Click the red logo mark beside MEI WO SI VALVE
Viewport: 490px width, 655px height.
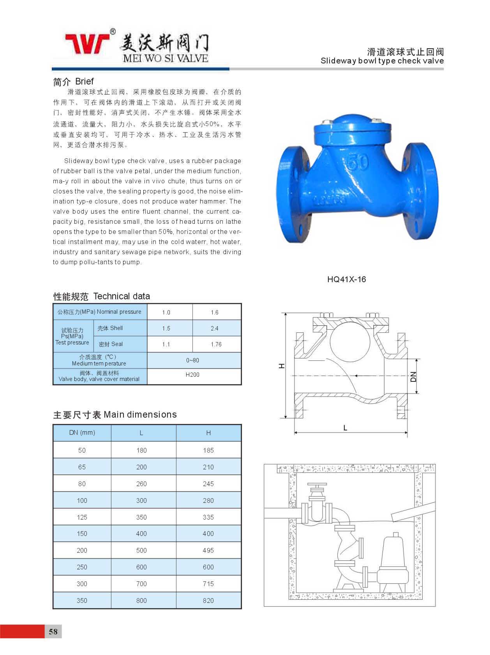(88, 43)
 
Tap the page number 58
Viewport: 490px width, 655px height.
(53, 631)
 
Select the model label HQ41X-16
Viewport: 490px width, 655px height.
(346, 279)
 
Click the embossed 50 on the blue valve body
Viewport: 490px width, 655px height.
(357, 162)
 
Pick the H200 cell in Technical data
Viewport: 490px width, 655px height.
(192, 375)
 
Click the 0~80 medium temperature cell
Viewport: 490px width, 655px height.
(192, 360)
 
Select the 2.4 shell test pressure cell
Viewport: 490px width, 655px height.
(215, 328)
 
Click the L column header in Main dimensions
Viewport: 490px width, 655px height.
(141, 433)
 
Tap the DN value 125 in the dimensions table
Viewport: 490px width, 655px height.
(82, 517)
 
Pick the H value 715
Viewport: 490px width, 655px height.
(208, 584)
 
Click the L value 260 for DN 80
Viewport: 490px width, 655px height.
(141, 484)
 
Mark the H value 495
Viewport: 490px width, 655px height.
(208, 550)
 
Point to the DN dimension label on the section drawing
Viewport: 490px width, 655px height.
(413, 376)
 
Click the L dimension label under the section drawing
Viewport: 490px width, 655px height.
(345, 428)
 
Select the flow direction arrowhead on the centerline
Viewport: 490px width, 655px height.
(355, 376)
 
